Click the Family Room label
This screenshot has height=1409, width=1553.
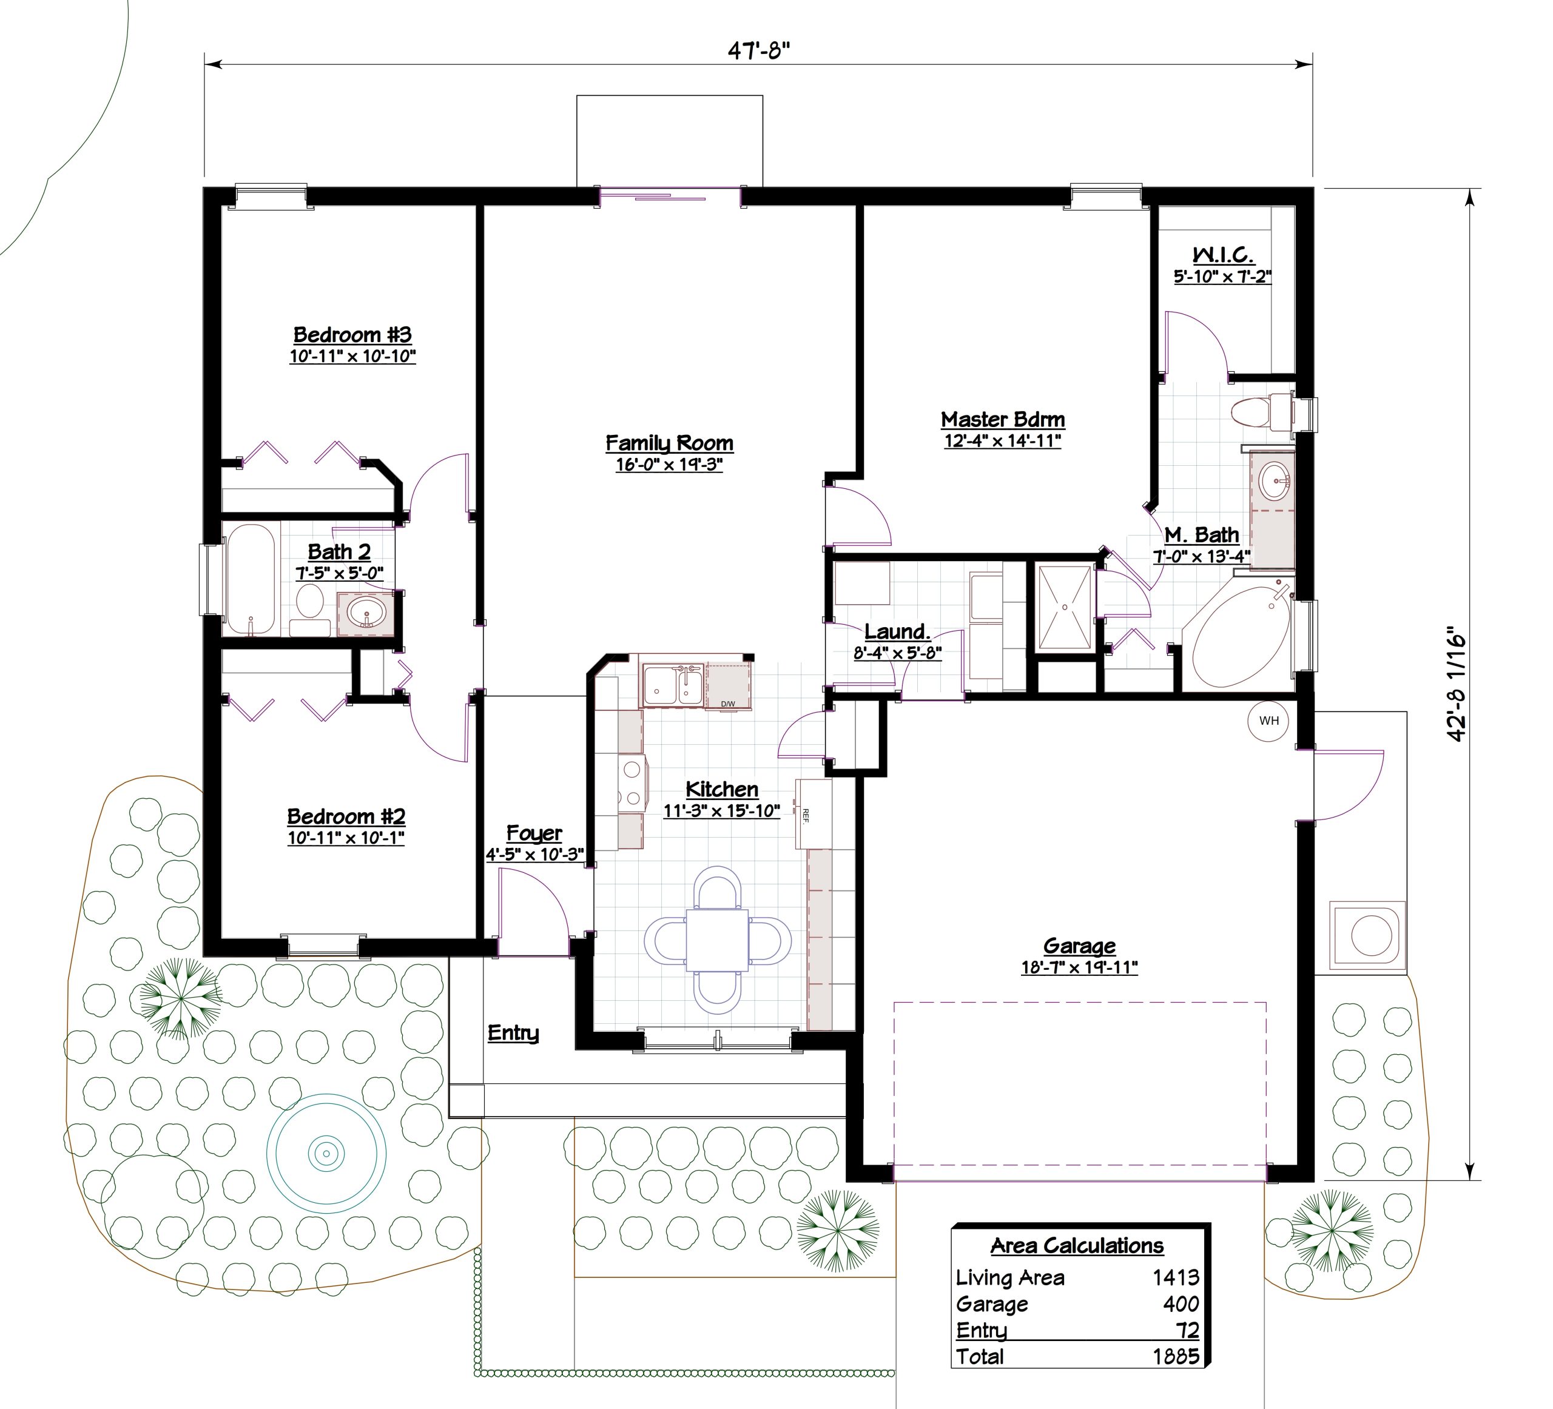(669, 444)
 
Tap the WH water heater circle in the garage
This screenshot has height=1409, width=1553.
(1268, 721)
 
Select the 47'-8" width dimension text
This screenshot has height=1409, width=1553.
(760, 51)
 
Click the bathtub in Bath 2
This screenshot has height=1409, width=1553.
(251, 579)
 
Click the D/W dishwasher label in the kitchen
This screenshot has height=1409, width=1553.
(728, 704)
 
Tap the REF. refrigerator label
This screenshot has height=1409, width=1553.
(806, 816)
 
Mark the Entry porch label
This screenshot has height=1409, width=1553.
(513, 1033)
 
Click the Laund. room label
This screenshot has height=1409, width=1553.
(897, 631)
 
